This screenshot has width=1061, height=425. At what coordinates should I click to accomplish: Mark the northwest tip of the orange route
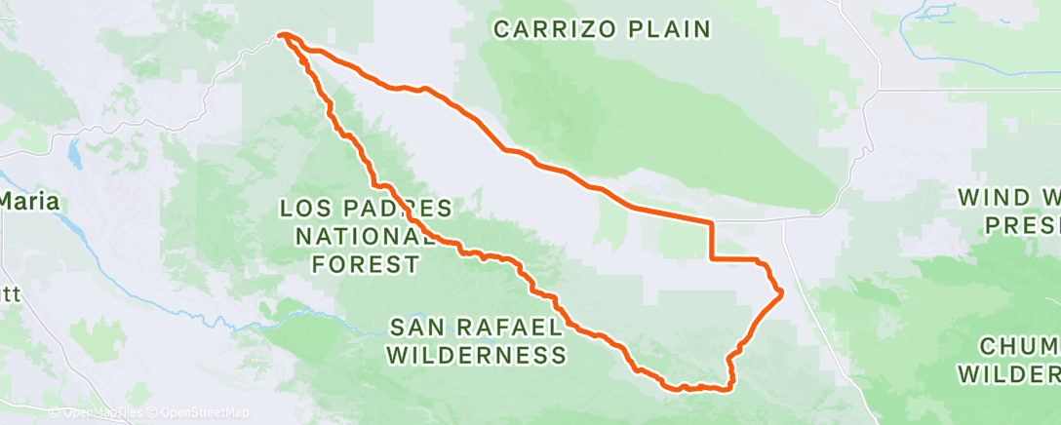click(x=281, y=35)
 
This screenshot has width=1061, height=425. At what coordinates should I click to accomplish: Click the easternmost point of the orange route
click(x=782, y=290)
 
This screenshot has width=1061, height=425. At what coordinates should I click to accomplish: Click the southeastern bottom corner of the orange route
click(x=729, y=388)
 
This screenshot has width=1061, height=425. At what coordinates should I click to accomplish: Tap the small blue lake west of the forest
click(x=72, y=154)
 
